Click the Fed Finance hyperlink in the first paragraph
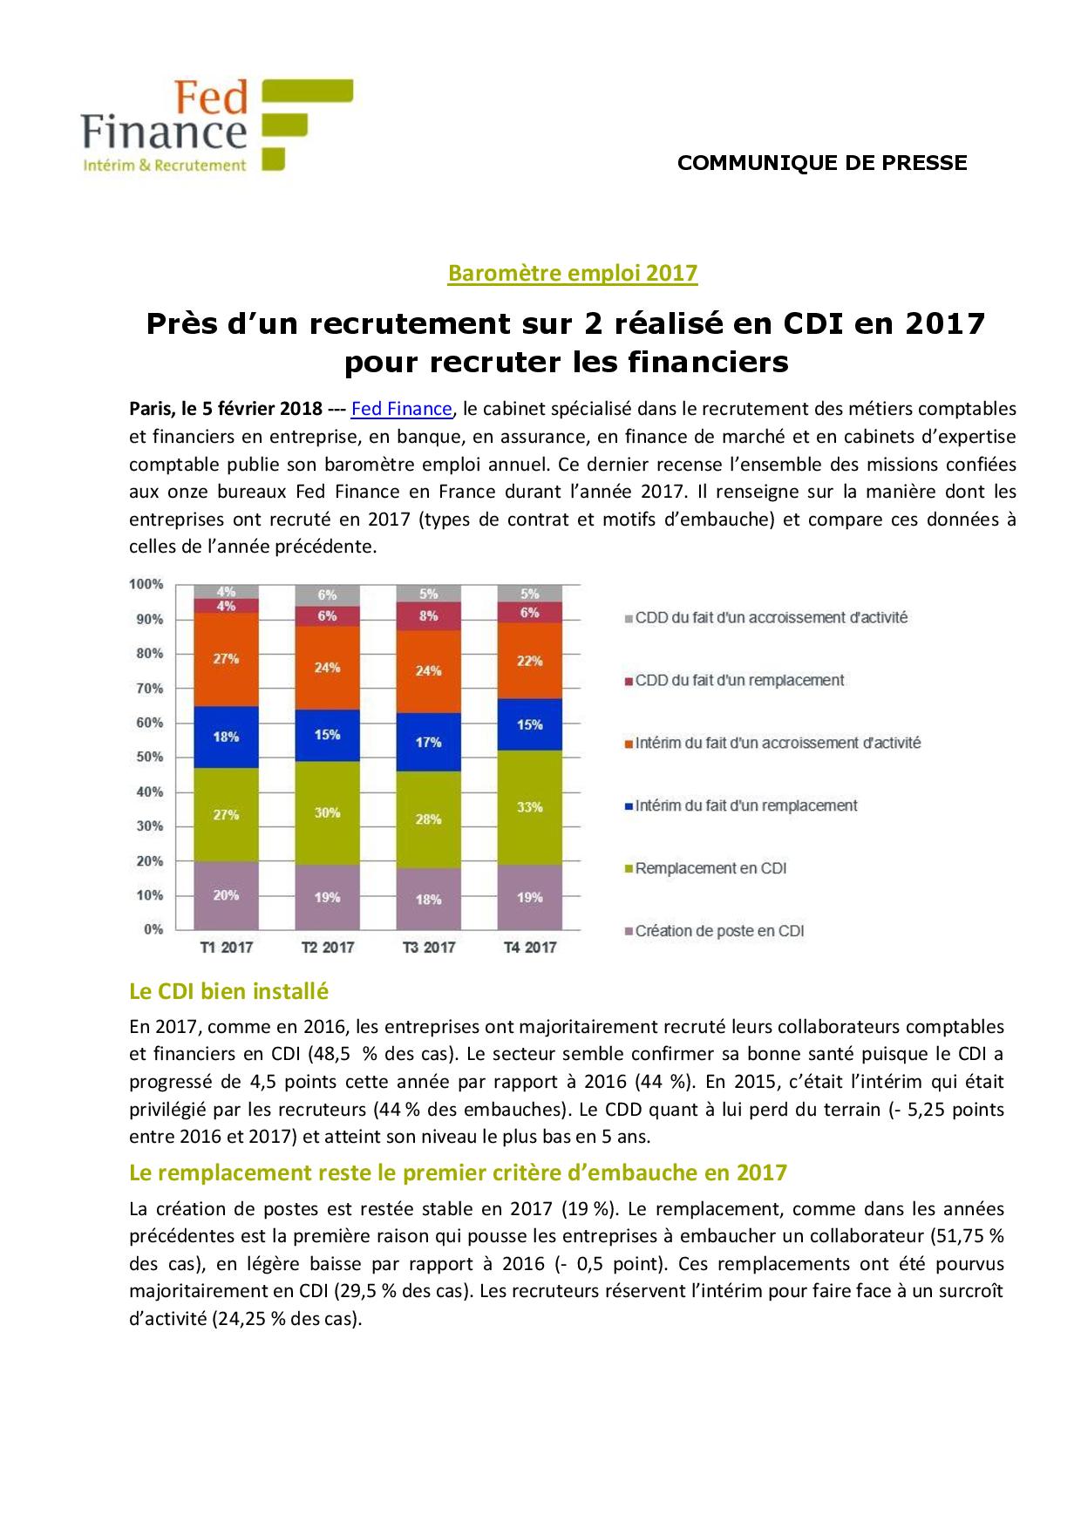tap(401, 409)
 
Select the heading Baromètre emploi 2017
tap(573, 273)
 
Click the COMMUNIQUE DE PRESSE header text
tap(822, 163)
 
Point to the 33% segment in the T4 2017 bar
tap(529, 807)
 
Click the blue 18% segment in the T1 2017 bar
tap(226, 737)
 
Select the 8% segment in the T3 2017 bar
tap(428, 615)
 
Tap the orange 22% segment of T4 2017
tap(529, 660)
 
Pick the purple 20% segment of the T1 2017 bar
tap(226, 895)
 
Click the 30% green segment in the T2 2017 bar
tap(327, 812)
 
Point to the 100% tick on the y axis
tap(146, 584)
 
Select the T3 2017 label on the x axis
tap(428, 948)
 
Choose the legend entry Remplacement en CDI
tap(710, 868)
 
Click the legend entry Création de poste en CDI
tap(719, 931)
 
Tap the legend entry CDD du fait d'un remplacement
tap(739, 680)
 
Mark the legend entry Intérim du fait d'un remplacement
tap(746, 805)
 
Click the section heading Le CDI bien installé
tap(228, 991)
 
